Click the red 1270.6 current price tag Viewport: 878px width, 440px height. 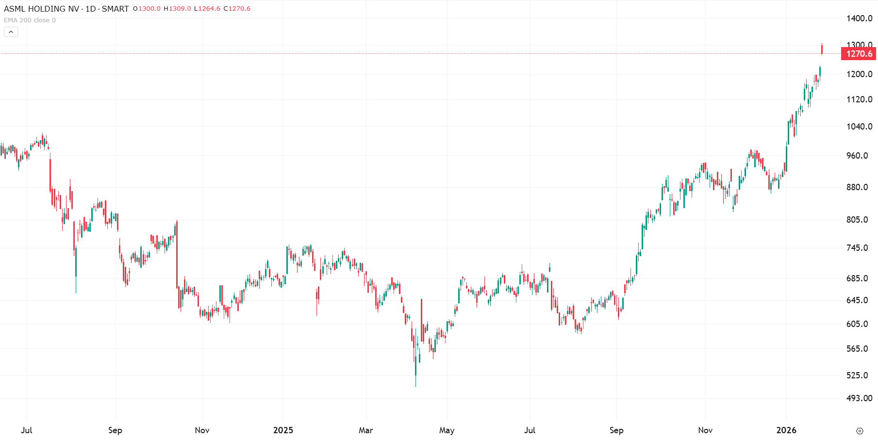coord(859,54)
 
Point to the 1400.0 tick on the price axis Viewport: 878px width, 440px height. coord(859,18)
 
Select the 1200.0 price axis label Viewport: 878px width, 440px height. coord(859,74)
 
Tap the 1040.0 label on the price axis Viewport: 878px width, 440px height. coord(859,127)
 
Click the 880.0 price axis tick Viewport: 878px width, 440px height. coord(857,187)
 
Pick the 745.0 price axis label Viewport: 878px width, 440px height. coord(857,248)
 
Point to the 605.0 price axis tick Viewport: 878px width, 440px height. coord(857,324)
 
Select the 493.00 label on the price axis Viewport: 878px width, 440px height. coord(859,398)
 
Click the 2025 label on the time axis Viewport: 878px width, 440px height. coord(283,430)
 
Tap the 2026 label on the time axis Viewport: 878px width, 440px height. coord(786,430)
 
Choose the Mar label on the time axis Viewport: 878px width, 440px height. coord(365,430)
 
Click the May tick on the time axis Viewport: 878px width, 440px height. coord(447,430)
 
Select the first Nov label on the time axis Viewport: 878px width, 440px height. coord(202,430)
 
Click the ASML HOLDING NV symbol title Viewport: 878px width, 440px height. coord(42,9)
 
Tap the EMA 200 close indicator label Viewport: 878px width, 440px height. coord(30,20)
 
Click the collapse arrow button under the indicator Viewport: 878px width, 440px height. coord(11,32)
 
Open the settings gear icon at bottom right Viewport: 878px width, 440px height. coord(860,431)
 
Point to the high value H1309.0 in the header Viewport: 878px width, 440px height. coord(177,9)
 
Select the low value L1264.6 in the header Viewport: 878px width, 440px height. coord(207,9)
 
